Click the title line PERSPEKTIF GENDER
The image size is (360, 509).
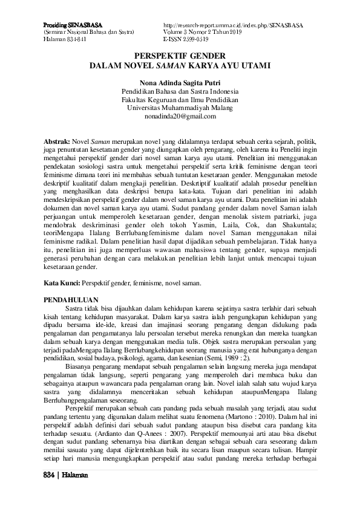(x=180, y=54)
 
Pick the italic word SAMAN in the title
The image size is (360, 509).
(x=201, y=62)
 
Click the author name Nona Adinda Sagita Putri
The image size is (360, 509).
(x=180, y=80)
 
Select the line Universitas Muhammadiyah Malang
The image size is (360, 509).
(x=180, y=107)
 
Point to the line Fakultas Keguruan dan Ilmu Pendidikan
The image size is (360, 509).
(x=180, y=98)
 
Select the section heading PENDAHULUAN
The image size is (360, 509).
(x=71, y=300)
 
